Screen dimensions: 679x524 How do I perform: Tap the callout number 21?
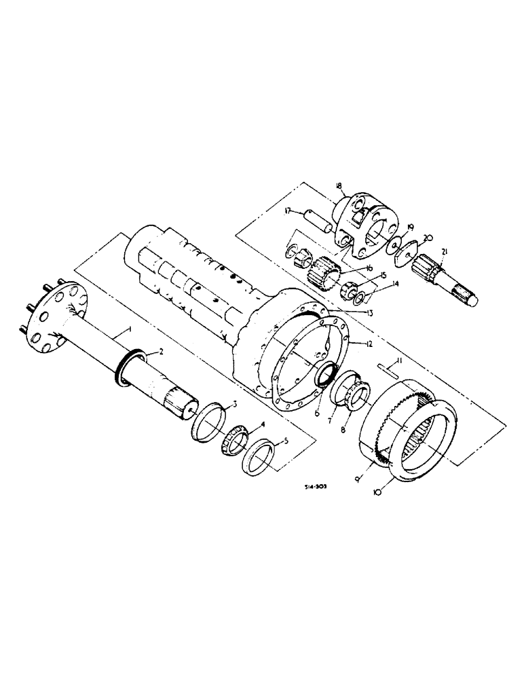click(x=445, y=253)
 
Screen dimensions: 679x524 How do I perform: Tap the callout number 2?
click(x=162, y=351)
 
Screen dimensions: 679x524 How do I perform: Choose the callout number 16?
click(x=370, y=268)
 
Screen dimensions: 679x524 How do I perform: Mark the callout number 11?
click(x=400, y=363)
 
